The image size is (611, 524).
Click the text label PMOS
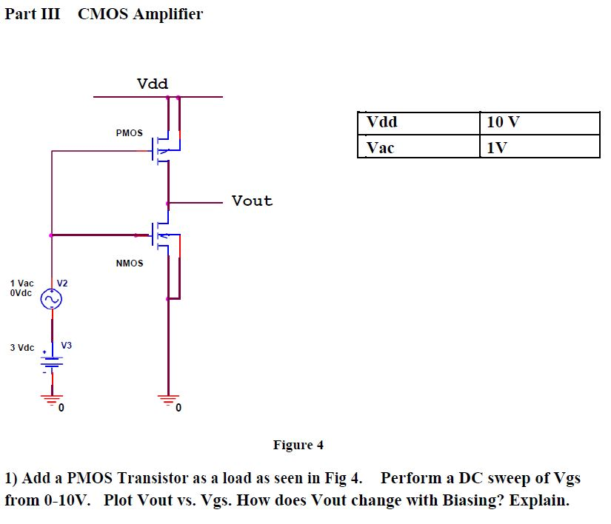tap(130, 133)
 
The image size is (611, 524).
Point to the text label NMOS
tap(130, 263)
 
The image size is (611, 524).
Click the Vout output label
tap(252, 201)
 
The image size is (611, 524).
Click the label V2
tap(62, 283)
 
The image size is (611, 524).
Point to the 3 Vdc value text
tap(21, 347)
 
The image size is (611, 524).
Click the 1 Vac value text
tap(21, 283)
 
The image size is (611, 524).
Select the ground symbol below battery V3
tap(52, 400)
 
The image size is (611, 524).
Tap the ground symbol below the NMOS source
tap(168, 400)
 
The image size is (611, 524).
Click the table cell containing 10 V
tap(539, 123)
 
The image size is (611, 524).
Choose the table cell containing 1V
tap(539, 147)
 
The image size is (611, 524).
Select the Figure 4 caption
tap(298, 445)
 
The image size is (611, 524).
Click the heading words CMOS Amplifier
tap(140, 14)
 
